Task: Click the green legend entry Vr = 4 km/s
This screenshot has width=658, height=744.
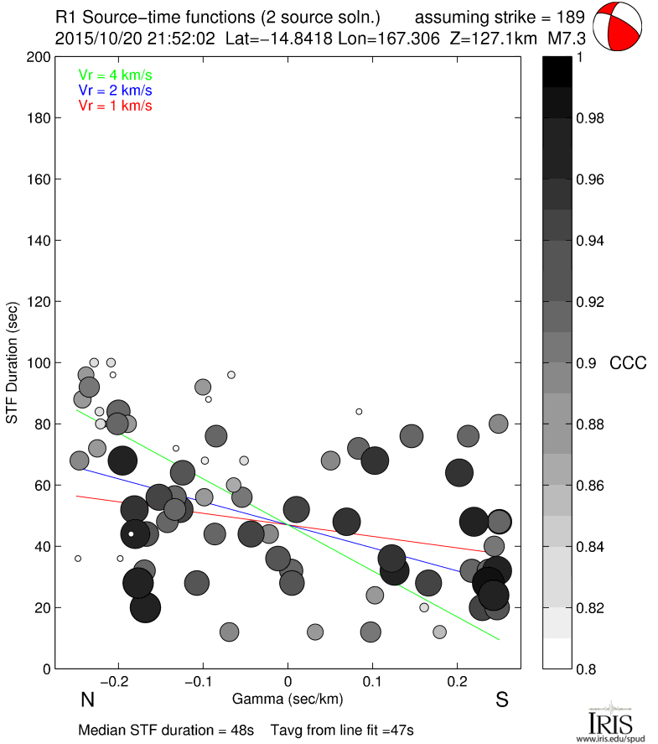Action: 115,75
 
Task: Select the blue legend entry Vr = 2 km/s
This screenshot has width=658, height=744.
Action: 115,90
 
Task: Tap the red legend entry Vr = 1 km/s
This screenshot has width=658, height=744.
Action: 115,106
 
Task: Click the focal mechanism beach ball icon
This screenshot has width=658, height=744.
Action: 619,27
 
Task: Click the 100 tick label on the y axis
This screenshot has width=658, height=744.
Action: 39,363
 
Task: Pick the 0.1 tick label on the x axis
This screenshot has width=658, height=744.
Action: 373,681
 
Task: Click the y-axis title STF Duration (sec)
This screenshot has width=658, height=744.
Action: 13,362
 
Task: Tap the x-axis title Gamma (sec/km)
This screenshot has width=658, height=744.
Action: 288,699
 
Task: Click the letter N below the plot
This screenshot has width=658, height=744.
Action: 86,700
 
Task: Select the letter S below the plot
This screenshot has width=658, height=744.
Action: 502,700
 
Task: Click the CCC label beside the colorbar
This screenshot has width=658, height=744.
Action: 628,363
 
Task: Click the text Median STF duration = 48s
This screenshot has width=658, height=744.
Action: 166,730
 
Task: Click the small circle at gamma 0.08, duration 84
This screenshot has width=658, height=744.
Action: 359,411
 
